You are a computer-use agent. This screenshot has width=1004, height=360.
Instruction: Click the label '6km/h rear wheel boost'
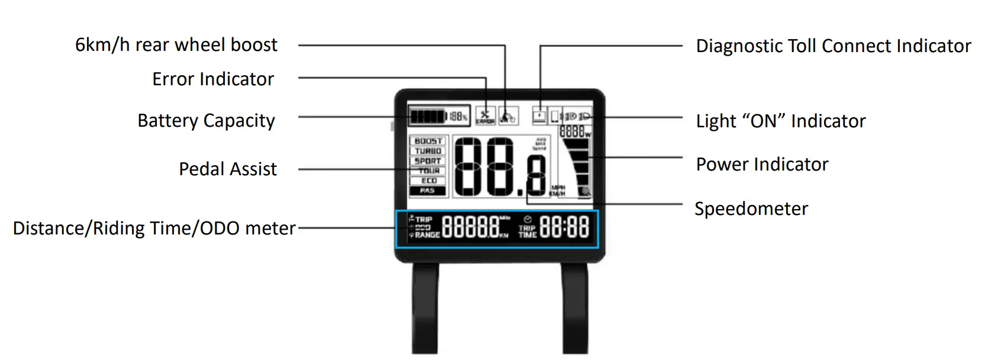point(176,45)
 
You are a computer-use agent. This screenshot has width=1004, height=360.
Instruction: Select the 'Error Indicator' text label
point(213,79)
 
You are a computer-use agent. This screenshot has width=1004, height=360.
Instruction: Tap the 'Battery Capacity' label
point(206,121)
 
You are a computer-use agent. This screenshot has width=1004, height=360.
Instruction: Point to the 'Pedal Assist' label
point(227,169)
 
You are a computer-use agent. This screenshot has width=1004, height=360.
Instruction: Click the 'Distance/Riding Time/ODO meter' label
point(154,229)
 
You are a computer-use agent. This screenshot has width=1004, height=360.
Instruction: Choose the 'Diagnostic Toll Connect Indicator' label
point(833,46)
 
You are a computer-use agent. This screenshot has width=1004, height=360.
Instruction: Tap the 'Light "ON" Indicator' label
point(780,121)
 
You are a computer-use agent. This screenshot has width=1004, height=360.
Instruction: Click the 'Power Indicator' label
point(762,165)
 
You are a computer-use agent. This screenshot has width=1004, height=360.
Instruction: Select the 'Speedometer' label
point(751,209)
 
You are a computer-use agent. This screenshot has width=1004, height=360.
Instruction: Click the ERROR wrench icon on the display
point(485,115)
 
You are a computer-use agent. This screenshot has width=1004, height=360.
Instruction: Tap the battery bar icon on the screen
point(426,116)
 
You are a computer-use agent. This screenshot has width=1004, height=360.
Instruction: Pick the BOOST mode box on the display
point(429,142)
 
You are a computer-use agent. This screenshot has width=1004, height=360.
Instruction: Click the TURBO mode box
point(429,151)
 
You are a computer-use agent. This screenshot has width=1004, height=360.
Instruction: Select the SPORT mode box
point(429,161)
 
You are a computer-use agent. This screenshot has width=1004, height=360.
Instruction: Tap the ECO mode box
point(429,181)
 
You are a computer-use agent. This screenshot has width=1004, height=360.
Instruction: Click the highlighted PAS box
point(428,191)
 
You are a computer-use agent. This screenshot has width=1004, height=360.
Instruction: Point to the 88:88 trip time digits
point(564,228)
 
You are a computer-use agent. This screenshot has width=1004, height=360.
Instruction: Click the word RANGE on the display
point(427,235)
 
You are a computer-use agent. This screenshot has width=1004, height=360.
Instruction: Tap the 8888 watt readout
point(572,132)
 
